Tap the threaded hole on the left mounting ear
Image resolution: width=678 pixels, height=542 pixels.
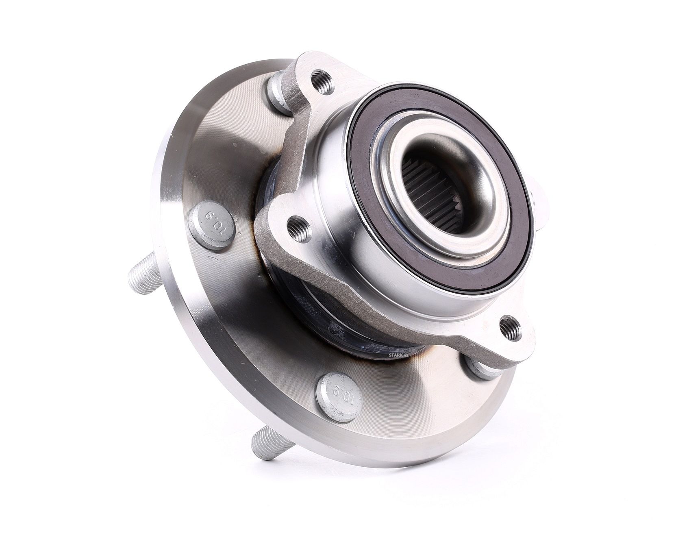pos(298,228)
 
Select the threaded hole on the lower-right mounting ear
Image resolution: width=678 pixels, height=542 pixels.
pos(511,326)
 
